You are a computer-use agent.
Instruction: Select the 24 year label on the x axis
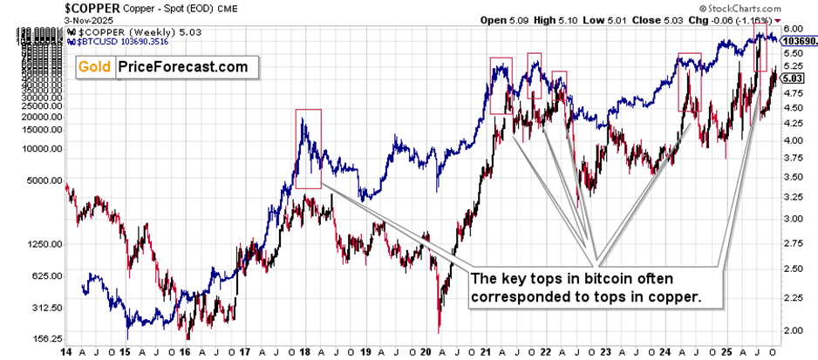tap(665, 351)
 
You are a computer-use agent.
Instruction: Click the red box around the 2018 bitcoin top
tap(308, 148)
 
